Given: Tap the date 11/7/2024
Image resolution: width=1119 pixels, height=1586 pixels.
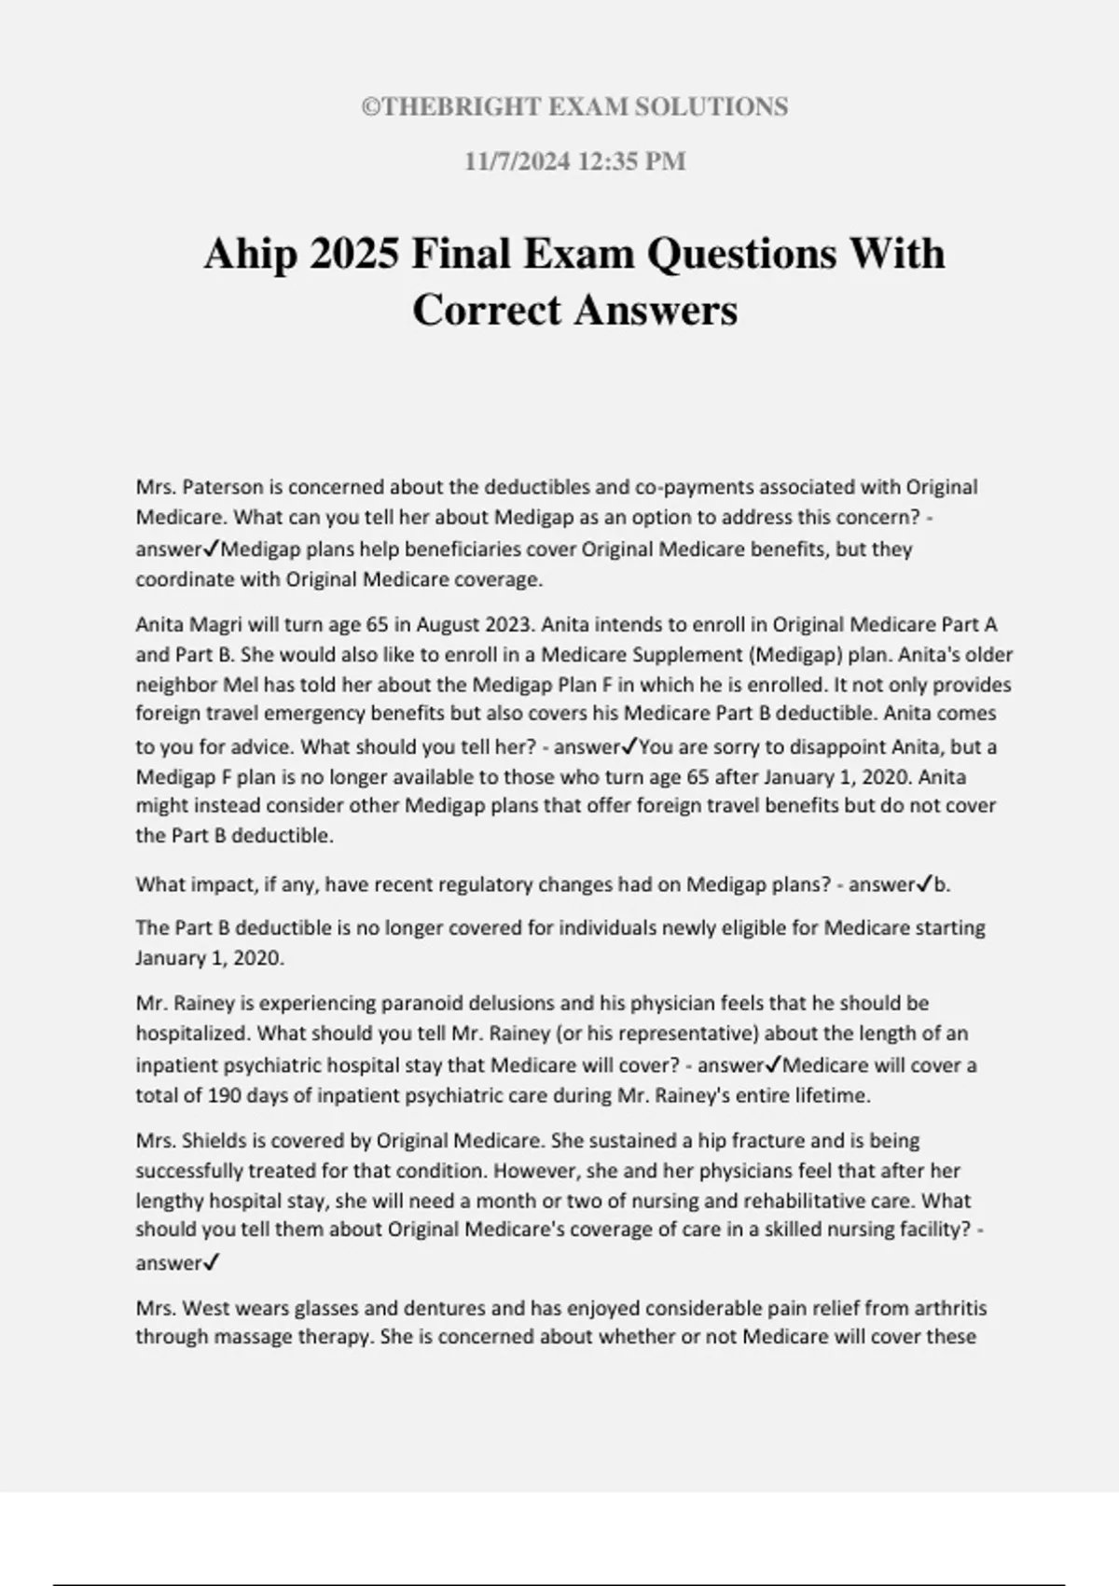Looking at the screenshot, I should pos(518,161).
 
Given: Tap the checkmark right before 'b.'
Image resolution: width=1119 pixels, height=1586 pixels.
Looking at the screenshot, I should pos(925,883).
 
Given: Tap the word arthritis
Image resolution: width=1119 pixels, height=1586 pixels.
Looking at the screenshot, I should pos(948,1308).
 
